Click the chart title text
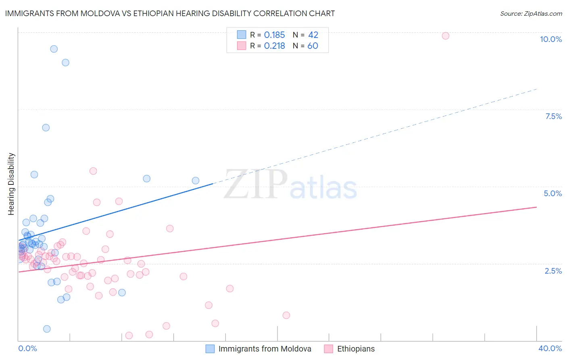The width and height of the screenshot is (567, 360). (x=170, y=14)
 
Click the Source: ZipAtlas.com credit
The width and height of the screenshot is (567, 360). (x=531, y=14)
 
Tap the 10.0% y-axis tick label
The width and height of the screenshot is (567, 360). (x=550, y=39)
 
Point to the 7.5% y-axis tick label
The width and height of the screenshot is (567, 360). (x=553, y=116)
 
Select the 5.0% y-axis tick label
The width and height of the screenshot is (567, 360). (x=552, y=193)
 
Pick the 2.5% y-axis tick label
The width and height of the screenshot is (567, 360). (x=553, y=271)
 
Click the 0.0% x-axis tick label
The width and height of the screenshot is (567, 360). (x=27, y=348)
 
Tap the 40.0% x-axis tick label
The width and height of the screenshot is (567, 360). (x=550, y=348)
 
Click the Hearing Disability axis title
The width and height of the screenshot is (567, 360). (x=11, y=184)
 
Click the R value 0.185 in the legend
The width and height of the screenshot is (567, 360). (x=274, y=35)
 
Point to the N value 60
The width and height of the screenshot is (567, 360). (x=313, y=46)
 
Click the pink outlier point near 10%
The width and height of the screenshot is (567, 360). (x=445, y=36)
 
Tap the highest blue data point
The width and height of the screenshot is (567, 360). (x=54, y=49)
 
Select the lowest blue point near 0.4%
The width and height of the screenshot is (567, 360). (x=47, y=329)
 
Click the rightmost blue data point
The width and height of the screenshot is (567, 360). (x=196, y=181)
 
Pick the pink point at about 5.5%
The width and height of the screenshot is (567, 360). (x=93, y=171)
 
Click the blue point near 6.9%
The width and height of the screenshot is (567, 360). (x=46, y=128)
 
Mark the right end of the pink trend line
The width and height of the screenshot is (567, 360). (x=536, y=207)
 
